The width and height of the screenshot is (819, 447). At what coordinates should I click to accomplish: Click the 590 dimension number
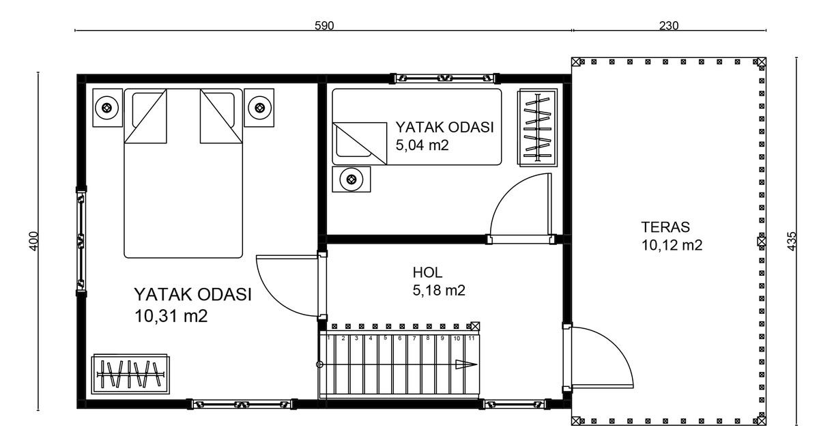point(324,25)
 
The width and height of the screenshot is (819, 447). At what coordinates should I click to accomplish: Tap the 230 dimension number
point(669,25)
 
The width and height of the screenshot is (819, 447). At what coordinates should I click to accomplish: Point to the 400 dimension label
point(33,241)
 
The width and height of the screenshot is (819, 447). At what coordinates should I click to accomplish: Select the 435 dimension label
point(792,241)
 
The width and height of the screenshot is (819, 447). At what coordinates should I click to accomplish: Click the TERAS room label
point(665,227)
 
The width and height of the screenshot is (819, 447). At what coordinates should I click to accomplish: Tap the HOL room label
point(427,272)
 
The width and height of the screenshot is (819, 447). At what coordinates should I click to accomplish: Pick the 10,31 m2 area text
point(171,316)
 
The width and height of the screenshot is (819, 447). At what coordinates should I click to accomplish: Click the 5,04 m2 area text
point(422,145)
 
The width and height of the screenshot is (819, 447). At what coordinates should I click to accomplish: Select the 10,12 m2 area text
point(672,245)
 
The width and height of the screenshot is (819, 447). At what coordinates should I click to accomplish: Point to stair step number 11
point(472,338)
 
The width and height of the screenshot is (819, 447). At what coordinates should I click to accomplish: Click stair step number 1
point(329,338)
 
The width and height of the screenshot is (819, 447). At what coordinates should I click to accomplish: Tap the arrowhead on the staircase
point(466,364)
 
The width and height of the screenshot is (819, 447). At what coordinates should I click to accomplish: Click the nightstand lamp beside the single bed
point(351,179)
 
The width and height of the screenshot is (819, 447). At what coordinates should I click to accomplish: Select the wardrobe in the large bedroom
point(130,374)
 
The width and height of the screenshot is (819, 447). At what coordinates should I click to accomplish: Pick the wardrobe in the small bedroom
point(537,128)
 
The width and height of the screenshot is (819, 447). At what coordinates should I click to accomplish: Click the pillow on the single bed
point(360,143)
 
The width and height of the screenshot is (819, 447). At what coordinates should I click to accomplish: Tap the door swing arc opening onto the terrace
point(614,347)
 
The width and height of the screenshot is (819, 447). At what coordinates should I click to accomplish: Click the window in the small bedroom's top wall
point(444,78)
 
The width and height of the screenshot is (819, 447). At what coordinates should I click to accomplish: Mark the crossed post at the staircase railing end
point(475,326)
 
